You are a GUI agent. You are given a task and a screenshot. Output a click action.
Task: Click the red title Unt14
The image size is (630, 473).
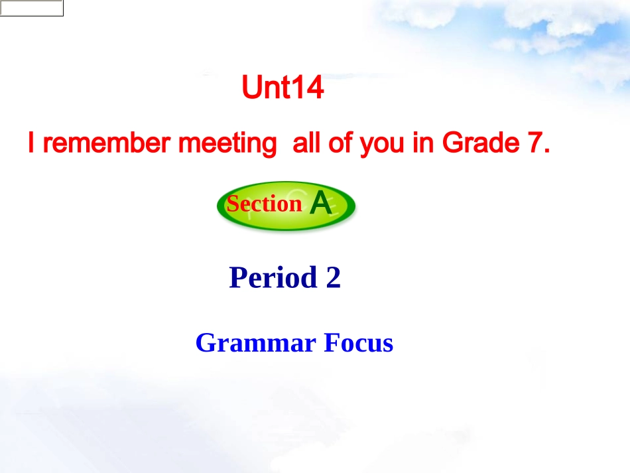coord(283,88)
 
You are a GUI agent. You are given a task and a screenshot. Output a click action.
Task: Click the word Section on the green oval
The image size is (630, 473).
coord(265,204)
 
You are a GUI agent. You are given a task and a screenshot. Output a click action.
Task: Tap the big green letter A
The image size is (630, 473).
coord(321,204)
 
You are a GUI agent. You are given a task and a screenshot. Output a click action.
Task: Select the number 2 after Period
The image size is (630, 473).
coord(333,277)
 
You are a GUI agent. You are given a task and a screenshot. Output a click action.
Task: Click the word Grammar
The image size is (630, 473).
coord(255,343)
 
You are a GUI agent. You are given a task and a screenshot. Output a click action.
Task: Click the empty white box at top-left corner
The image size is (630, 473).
coord(32,8)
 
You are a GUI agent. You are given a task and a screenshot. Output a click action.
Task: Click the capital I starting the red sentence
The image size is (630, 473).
coord(31,144)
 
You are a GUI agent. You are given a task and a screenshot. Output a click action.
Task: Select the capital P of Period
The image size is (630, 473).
coord(237,277)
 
